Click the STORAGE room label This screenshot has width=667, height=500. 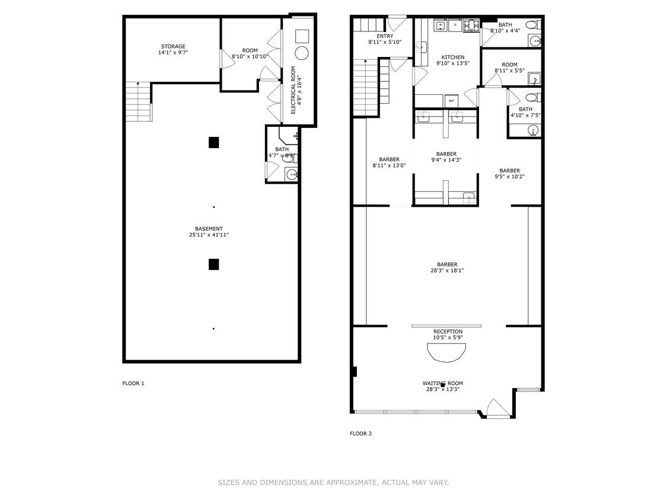tap(173, 47)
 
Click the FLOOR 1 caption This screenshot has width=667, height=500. tap(133, 383)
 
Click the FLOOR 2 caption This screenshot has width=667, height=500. tap(360, 434)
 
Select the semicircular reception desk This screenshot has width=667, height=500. tap(446, 352)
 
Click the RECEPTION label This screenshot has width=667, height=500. tap(448, 332)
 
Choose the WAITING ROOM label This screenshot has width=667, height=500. tap(442, 383)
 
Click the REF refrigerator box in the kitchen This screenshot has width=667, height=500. tap(451, 101)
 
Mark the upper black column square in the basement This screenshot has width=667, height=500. tap(214, 142)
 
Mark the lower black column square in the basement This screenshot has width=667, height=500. tap(213, 264)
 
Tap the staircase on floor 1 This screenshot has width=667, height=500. tap(138, 101)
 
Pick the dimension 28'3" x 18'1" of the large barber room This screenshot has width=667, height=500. tap(447, 271)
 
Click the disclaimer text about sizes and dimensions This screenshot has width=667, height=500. tap(333, 483)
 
